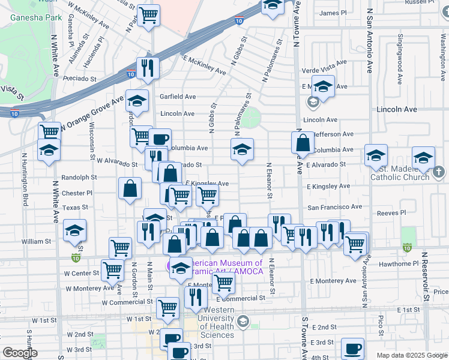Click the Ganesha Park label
tap(36, 17)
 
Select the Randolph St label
tap(79, 178)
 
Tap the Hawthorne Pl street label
tap(402, 263)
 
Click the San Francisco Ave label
tap(335, 207)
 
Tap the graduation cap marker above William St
tap(74, 230)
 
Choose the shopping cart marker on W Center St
tap(112, 271)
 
